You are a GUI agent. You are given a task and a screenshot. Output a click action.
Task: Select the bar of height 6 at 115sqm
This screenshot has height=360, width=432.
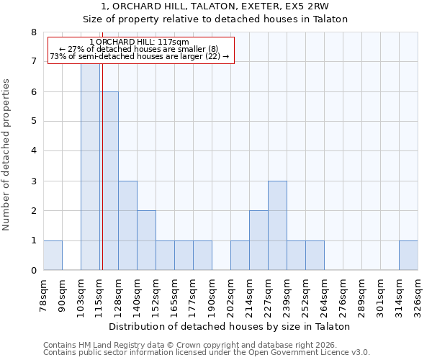tap(109, 181)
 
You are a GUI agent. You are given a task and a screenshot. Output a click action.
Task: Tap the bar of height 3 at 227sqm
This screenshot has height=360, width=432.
tap(277, 225)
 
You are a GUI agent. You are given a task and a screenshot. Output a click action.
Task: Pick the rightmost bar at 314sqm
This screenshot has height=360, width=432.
tap(408, 256)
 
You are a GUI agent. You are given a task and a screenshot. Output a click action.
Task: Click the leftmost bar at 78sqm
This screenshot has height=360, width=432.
tap(53, 256)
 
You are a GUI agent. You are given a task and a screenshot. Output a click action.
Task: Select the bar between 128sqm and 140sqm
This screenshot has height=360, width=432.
tap(127, 225)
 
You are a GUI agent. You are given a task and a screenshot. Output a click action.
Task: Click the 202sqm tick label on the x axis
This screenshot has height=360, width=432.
tap(230, 295)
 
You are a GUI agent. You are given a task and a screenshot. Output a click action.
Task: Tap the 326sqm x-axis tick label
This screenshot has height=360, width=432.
tap(418, 295)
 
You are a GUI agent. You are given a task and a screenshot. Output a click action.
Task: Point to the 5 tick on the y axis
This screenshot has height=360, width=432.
tap(33, 121)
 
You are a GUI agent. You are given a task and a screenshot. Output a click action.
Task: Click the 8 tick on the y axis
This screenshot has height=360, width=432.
tap(33, 32)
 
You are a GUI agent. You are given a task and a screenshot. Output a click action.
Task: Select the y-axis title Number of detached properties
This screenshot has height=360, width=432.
tap(7, 151)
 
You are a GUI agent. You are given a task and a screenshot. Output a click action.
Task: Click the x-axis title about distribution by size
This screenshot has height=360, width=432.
tap(230, 326)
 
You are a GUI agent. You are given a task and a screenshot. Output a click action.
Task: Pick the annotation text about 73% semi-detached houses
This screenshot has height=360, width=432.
tap(140, 56)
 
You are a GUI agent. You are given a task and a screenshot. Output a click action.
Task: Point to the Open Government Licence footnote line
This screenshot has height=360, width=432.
tap(207, 353)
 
